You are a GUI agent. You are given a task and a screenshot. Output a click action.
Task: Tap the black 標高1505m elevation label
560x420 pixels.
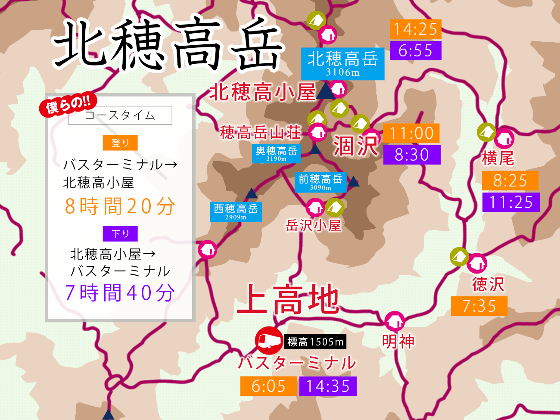point(315,342)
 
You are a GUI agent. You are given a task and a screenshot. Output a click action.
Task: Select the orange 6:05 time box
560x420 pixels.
point(268,386)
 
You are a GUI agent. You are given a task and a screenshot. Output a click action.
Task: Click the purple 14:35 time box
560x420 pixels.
point(328,386)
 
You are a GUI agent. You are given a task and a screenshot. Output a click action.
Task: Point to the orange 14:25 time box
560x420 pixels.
point(415,29)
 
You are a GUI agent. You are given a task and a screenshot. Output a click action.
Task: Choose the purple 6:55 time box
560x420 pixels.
point(415,50)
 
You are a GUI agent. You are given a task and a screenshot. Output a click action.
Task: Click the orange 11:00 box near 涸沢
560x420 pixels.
point(411,133)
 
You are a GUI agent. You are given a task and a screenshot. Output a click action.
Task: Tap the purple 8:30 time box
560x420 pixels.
point(411,155)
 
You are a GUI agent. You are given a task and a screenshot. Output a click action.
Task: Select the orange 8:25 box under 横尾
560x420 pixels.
point(510,180)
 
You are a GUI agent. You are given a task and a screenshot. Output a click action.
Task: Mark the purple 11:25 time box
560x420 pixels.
point(511,202)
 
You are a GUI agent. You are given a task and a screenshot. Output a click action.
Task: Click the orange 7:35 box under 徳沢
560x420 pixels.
point(479,306)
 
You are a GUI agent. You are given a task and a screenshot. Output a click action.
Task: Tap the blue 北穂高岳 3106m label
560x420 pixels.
point(342,64)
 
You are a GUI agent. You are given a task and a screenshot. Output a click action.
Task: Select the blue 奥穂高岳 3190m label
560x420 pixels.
point(277,153)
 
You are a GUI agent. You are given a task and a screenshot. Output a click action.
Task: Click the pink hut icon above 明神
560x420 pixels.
point(394,321)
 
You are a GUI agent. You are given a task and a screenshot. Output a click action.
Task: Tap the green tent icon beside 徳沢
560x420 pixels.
point(459,257)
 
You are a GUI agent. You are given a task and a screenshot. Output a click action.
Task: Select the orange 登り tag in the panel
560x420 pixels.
point(120,143)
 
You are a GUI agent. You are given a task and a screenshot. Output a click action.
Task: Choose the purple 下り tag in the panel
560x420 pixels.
point(120,234)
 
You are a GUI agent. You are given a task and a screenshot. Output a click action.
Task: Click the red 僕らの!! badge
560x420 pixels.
point(68,105)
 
